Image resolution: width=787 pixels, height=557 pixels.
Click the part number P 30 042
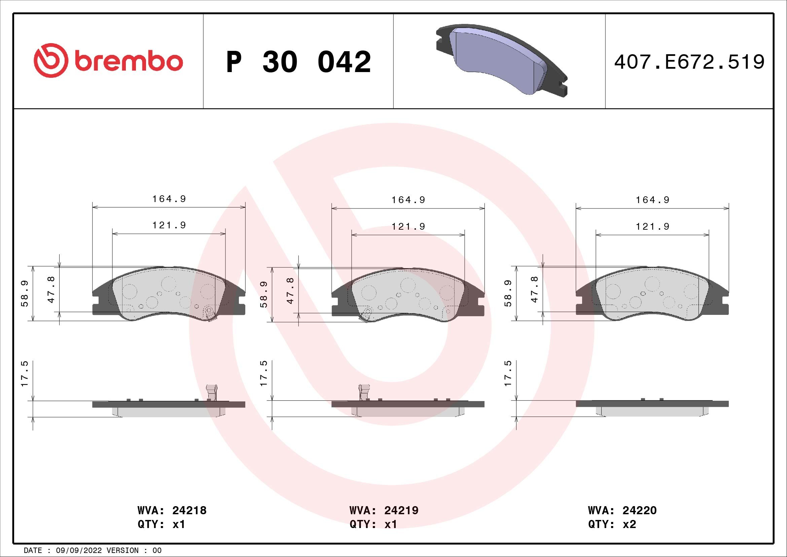point(298,62)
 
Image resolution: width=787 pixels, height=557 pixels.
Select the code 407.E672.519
point(689,62)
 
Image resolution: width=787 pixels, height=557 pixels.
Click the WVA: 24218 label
point(172,510)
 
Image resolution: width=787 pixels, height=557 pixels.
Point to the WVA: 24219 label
point(384,510)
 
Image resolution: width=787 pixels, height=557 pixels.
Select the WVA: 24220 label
point(622,510)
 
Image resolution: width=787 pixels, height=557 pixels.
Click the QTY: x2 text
point(612,524)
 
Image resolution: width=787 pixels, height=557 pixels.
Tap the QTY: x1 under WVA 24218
point(161,524)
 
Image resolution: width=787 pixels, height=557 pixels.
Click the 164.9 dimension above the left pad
point(169,199)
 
